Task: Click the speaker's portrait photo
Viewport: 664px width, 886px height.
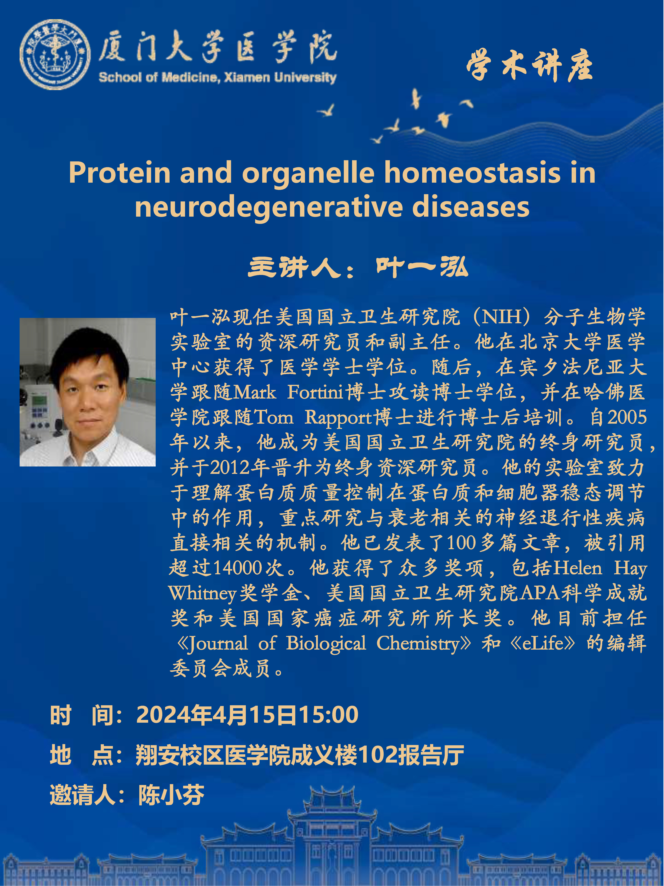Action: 88,392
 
